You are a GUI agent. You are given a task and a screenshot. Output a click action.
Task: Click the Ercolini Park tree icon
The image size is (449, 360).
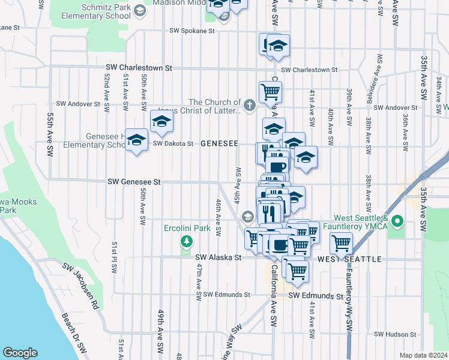pos(187,241)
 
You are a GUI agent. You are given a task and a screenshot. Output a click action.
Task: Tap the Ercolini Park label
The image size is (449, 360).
pos(187,228)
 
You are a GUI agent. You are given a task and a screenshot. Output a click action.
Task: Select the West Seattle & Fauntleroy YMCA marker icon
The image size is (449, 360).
pos(396,223)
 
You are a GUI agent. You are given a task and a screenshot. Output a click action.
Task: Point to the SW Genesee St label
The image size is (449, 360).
pos(134,181)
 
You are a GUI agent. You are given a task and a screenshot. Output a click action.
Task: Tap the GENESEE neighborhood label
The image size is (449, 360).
pos(219,143)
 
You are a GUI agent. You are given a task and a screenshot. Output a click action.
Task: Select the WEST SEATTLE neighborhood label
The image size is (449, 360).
pos(349,259)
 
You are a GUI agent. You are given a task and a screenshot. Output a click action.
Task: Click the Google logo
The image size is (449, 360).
pos(20,353)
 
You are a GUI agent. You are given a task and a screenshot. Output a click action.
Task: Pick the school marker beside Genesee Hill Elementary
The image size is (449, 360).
pos(137,140)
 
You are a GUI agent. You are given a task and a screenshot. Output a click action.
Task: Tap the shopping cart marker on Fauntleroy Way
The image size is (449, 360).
pos(341,243)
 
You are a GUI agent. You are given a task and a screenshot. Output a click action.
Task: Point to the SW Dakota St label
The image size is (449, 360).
pos(173,143)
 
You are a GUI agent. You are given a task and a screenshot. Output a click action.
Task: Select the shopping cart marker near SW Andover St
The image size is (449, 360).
pos(270,92)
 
